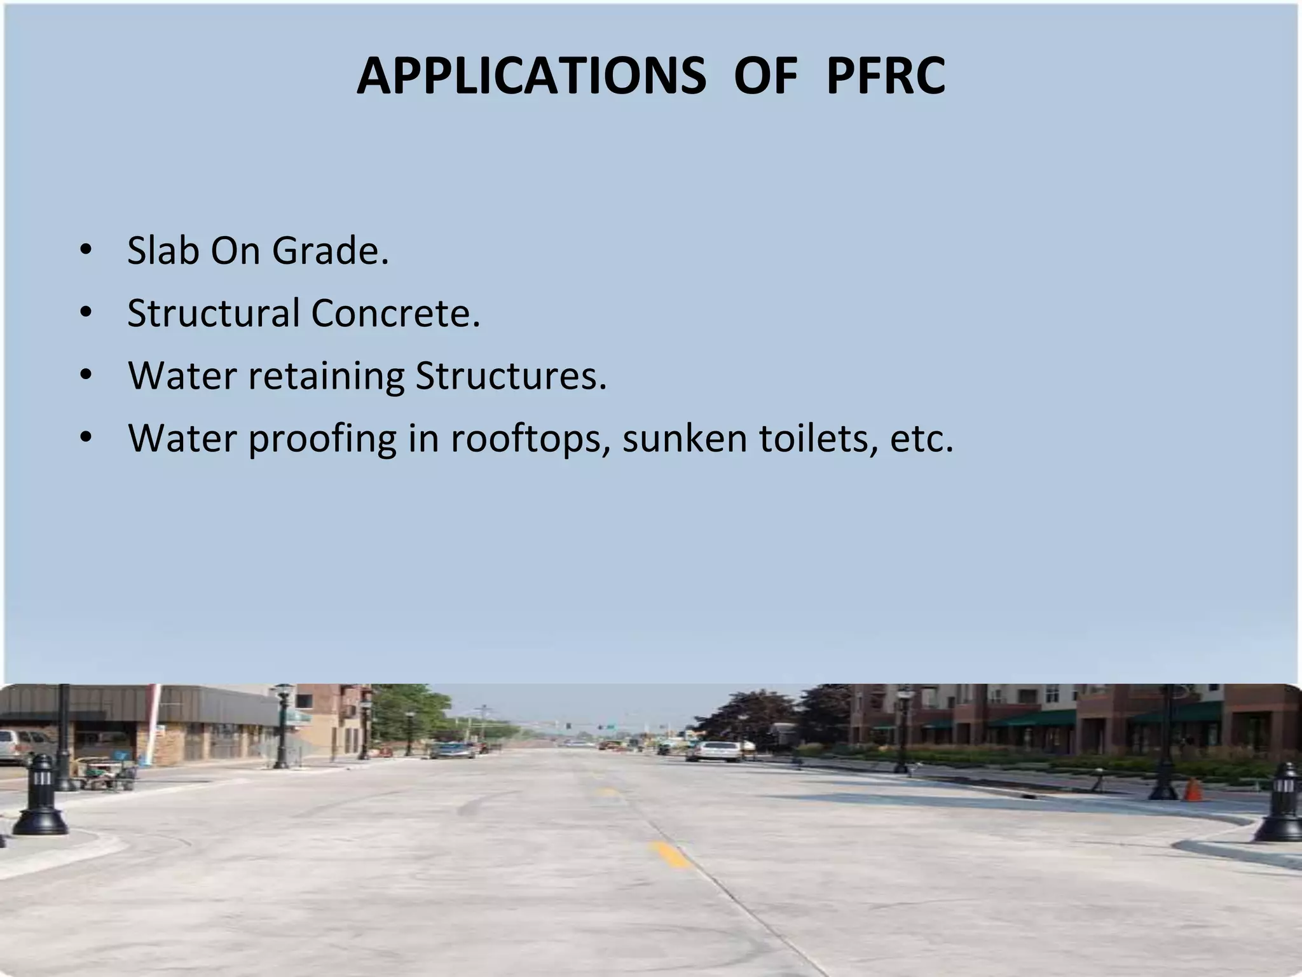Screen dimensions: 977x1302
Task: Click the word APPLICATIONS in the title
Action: (x=531, y=76)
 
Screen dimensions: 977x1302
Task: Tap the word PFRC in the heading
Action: (x=886, y=76)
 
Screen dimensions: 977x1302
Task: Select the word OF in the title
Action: (x=765, y=76)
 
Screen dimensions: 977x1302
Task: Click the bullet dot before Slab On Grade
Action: (x=85, y=251)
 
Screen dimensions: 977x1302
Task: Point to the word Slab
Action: (x=163, y=251)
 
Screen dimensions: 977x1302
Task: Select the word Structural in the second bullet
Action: (x=213, y=313)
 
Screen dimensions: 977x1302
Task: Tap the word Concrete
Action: (x=395, y=313)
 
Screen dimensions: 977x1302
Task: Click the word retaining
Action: (x=326, y=375)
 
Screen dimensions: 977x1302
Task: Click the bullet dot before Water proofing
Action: (x=85, y=438)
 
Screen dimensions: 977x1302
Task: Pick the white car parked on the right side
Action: (x=713, y=751)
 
